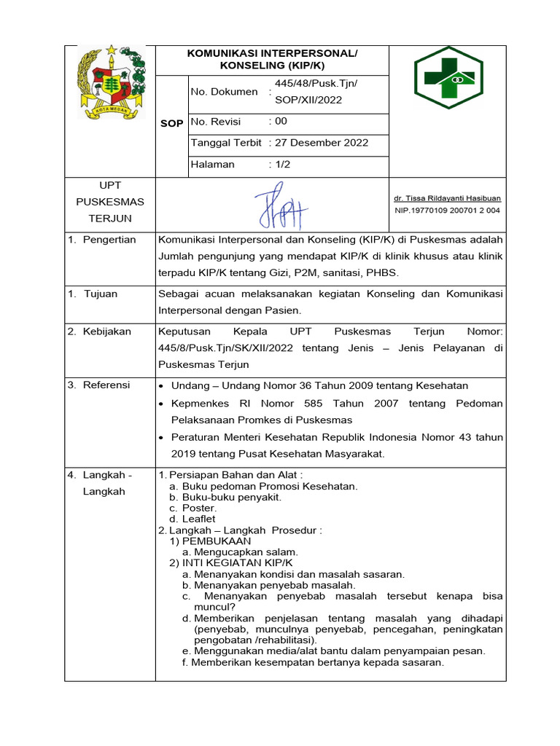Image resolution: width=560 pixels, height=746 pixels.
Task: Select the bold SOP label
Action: [x=171, y=123]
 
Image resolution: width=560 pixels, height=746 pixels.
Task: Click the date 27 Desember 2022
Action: [x=322, y=143]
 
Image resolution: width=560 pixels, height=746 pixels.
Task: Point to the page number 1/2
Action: [x=283, y=165]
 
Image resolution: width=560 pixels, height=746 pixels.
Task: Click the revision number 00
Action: [x=281, y=122]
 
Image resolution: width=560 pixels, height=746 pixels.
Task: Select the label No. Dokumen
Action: [x=224, y=92]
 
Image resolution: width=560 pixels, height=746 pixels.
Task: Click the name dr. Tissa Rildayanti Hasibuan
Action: [x=447, y=198]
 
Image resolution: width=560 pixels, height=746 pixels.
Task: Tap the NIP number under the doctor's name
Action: [x=447, y=211]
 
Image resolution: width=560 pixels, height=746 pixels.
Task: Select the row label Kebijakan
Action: [x=106, y=331]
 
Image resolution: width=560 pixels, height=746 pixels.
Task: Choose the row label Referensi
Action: [x=106, y=385]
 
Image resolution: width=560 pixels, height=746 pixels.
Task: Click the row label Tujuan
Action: [x=100, y=294]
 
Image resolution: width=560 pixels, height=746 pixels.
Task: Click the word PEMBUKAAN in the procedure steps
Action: [x=216, y=541]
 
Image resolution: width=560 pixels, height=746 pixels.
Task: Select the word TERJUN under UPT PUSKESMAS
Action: [x=110, y=218]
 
